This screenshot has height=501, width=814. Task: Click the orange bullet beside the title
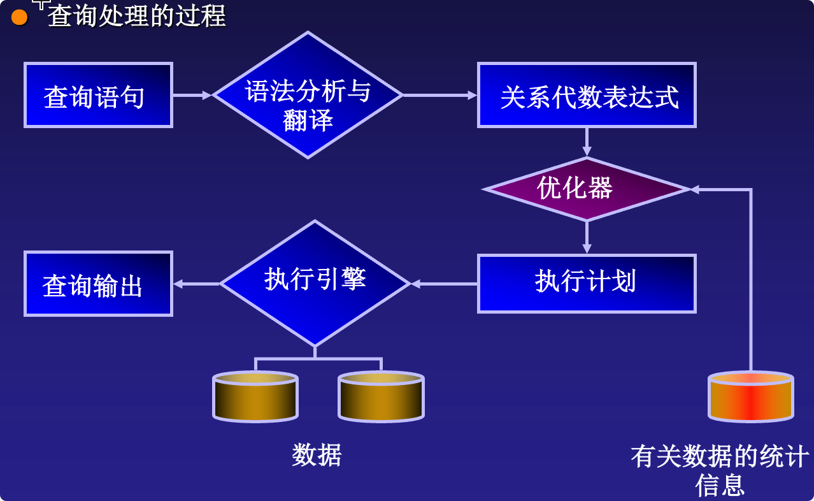(20, 18)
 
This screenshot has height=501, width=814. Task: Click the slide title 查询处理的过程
(137, 16)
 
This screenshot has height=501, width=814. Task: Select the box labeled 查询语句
(98, 95)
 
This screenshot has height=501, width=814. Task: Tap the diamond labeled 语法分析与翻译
(308, 95)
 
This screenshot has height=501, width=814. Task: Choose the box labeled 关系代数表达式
(587, 95)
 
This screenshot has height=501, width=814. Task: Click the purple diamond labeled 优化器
(587, 189)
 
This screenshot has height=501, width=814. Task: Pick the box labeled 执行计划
(587, 284)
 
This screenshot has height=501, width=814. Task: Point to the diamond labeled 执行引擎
(315, 284)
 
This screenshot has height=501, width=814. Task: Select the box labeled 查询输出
(98, 284)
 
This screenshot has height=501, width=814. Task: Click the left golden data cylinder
(255, 396)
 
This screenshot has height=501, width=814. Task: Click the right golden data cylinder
(381, 396)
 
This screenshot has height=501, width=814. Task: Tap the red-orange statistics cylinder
(751, 396)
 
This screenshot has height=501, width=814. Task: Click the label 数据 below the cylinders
(317, 455)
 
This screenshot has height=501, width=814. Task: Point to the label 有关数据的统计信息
(720, 470)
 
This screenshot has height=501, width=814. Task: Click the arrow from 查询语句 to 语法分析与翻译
(192, 95)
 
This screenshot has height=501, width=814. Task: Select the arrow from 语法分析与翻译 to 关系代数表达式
(440, 95)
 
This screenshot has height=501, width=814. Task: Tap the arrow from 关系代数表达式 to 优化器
(587, 142)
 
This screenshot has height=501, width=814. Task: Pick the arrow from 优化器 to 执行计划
(587, 237)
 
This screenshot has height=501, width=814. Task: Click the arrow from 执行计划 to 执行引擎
(444, 284)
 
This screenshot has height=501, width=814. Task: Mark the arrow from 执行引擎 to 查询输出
(196, 284)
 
